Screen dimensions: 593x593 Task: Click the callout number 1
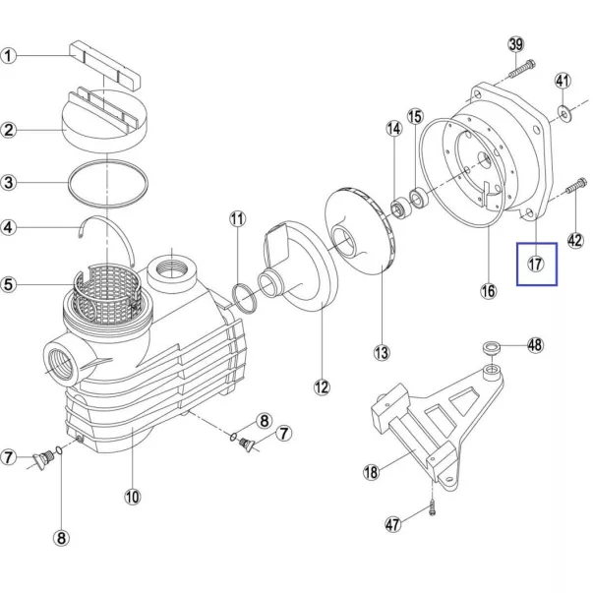(8, 56)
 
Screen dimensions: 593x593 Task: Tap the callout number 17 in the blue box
(536, 264)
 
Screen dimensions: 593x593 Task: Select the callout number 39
(516, 44)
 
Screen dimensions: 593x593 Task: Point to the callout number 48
(535, 345)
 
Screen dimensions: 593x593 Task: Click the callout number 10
(133, 497)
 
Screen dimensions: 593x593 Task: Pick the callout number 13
(382, 352)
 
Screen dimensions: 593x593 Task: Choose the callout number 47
(392, 524)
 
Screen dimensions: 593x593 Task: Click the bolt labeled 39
(522, 69)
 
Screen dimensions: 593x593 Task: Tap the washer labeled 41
(564, 112)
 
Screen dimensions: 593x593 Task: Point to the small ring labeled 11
(245, 297)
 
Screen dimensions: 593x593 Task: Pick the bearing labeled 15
(419, 197)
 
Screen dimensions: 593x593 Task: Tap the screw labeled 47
(433, 507)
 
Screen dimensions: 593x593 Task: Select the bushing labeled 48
(492, 347)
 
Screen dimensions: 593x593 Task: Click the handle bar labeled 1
(105, 66)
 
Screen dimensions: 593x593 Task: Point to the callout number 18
(371, 472)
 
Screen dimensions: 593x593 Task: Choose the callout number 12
(322, 386)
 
